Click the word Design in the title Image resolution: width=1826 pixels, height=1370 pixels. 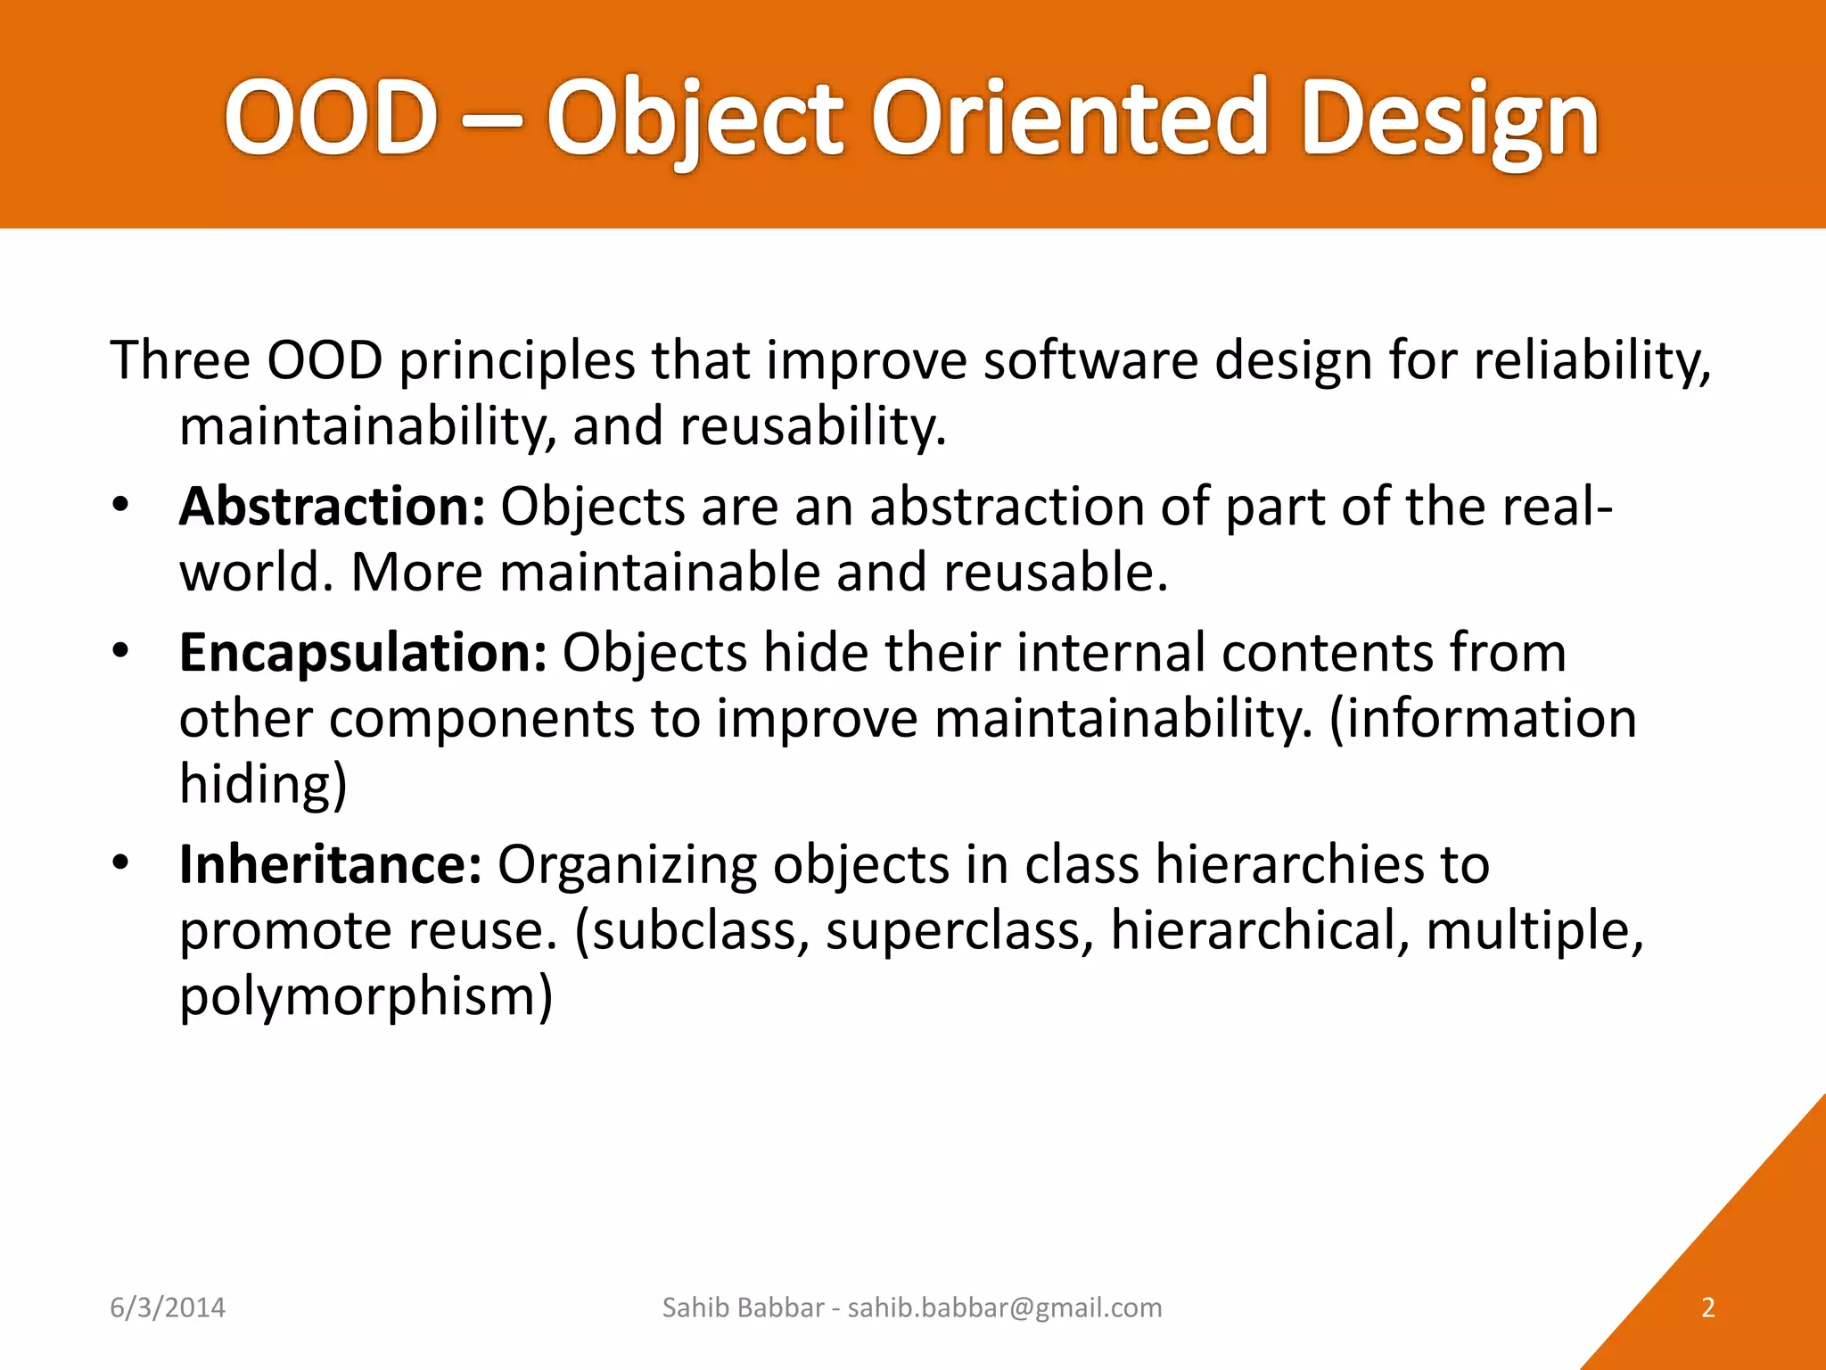(1449, 120)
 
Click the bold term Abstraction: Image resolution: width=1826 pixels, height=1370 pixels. (332, 507)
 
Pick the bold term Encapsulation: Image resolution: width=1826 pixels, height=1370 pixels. (363, 653)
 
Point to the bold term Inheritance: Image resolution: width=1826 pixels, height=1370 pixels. (331, 864)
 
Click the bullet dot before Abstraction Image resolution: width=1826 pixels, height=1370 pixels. (121, 506)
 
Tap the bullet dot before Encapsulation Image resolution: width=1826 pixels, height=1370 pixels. (121, 652)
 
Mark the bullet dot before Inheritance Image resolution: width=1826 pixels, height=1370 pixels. (121, 863)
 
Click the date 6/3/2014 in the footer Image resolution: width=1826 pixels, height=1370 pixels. (168, 1308)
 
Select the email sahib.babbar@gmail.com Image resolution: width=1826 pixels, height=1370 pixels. (1005, 1308)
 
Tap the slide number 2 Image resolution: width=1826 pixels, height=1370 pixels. (1708, 1308)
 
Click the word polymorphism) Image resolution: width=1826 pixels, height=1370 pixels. (366, 996)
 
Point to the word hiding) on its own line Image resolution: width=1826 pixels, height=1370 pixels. (263, 784)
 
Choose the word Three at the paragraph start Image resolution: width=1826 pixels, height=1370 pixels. (180, 360)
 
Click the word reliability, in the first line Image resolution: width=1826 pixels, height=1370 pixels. (1592, 362)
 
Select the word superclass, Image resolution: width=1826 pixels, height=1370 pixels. (959, 931)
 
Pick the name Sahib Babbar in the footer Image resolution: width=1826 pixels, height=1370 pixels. (743, 1308)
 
